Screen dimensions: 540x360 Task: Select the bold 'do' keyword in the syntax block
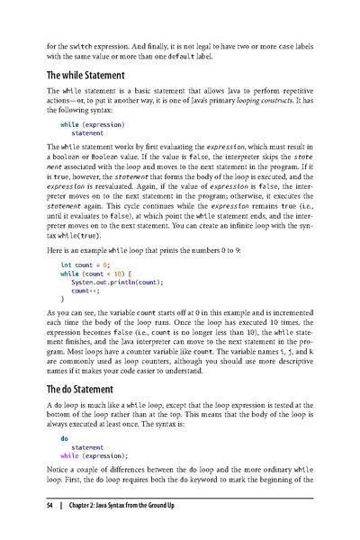point(64,438)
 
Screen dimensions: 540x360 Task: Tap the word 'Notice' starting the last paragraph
point(59,472)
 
